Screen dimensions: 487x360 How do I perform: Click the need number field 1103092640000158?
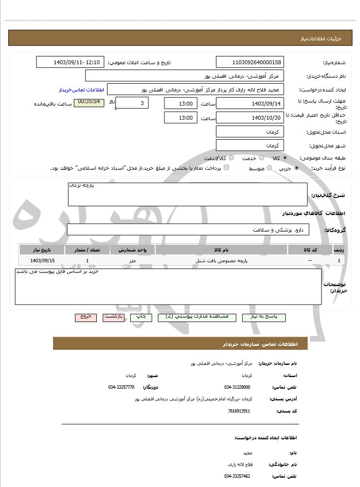[x=250, y=62]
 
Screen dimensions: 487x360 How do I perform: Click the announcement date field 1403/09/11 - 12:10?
[x=70, y=62]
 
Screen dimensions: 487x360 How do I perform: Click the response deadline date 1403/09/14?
[x=250, y=104]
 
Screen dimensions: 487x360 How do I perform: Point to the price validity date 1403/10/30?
[x=250, y=118]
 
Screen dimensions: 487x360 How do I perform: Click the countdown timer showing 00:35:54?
[x=89, y=102]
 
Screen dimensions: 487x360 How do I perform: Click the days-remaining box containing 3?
[x=132, y=103]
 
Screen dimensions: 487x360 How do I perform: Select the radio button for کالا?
[x=285, y=158]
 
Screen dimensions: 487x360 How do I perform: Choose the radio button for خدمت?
[x=262, y=158]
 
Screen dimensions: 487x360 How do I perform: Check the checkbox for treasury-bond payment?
[x=226, y=167]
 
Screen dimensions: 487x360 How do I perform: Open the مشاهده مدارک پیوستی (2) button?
[x=197, y=317]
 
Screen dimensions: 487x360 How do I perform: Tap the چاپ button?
[x=141, y=317]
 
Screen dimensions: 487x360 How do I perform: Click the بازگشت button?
[x=114, y=317]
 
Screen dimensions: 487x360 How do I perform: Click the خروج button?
[x=86, y=317]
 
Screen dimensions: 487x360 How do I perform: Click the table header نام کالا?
[x=221, y=250]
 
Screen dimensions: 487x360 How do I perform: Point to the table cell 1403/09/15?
[x=42, y=261]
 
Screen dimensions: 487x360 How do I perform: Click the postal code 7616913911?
[x=239, y=411]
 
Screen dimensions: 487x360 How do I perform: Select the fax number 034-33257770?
[x=121, y=387]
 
